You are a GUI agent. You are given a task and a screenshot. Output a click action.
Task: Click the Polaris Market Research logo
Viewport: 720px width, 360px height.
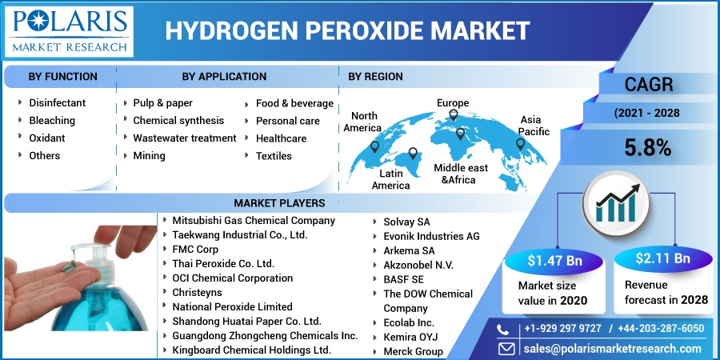(69, 30)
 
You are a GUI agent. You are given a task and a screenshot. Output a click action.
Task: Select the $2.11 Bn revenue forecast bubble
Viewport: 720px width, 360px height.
(662, 258)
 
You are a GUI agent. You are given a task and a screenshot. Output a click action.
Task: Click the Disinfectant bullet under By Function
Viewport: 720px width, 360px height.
(57, 103)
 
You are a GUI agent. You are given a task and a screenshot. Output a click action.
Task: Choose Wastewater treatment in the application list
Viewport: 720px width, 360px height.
(184, 138)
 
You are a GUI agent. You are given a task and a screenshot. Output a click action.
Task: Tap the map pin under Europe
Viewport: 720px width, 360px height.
(453, 115)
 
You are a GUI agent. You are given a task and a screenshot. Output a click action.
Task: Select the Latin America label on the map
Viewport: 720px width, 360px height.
(391, 179)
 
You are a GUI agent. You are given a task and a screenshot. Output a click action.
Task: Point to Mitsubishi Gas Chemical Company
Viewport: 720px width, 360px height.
(254, 220)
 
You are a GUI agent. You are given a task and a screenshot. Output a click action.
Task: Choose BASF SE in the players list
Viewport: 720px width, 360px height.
(403, 279)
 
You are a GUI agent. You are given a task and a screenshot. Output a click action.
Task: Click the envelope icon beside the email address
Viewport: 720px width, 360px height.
(506, 349)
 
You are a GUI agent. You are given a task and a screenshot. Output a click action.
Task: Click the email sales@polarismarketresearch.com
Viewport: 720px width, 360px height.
(611, 349)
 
